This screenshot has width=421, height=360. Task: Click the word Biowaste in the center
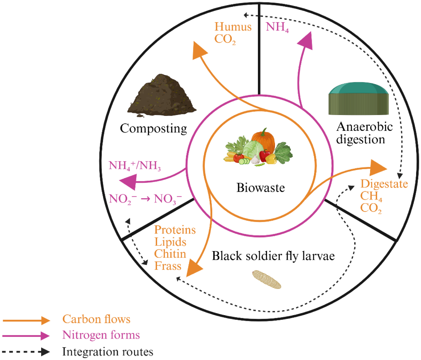[261, 187]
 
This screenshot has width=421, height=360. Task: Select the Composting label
[153, 128]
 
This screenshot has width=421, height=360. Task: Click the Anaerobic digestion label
[364, 133]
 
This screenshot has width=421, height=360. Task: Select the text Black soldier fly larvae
[273, 256]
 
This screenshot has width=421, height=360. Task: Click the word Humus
[233, 27]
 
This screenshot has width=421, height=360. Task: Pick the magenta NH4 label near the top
[277, 27]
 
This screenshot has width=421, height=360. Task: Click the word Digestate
[384, 184]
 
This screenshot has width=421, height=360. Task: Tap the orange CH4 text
[371, 196]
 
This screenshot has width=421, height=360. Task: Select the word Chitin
[170, 254]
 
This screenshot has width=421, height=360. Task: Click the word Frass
[168, 266]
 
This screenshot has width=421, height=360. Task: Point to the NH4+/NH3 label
[134, 166]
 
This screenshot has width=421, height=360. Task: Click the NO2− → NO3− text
[145, 199]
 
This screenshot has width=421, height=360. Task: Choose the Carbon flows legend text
[96, 319]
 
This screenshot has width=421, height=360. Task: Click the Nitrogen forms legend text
[101, 335]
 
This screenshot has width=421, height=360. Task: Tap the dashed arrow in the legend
[26, 352]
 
